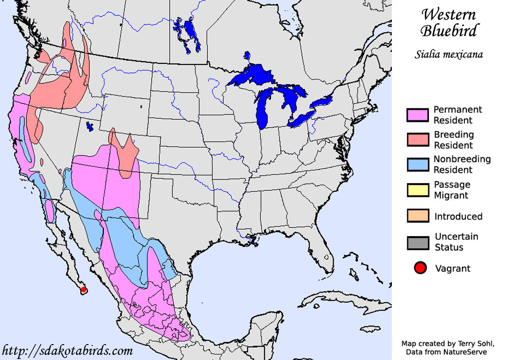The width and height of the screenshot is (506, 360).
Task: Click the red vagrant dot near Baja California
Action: [84, 291]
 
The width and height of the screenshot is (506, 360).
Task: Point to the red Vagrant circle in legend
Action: [420, 268]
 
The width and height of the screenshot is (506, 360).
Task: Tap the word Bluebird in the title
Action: [449, 31]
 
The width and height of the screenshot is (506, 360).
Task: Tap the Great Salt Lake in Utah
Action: [91, 125]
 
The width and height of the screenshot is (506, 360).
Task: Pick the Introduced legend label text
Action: [458, 217]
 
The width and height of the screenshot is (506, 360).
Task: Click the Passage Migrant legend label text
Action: [451, 190]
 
